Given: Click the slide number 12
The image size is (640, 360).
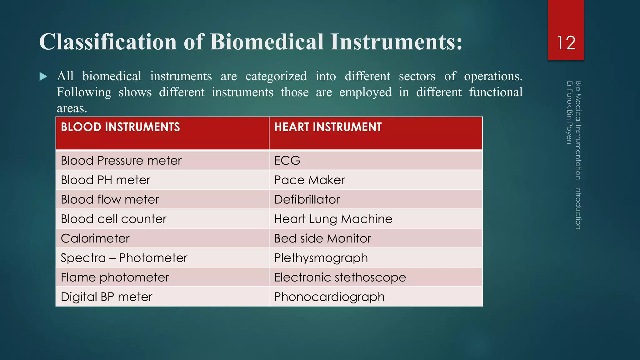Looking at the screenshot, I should click(566, 43).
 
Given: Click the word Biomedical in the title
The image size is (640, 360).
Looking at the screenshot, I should click(267, 42).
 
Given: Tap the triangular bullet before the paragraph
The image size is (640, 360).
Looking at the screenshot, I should click(43, 77).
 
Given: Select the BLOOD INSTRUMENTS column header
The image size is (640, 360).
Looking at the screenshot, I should click(120, 127).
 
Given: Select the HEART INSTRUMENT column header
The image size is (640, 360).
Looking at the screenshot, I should click(328, 127).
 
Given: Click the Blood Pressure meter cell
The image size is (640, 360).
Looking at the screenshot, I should click(121, 161).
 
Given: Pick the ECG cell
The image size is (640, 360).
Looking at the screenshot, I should click(287, 161).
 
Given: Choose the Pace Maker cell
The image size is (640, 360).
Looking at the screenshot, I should click(309, 180).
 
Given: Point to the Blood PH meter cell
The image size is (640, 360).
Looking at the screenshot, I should click(105, 180).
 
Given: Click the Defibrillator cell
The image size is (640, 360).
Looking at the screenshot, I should click(307, 199).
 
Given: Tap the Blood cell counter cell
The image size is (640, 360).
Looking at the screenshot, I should click(113, 219).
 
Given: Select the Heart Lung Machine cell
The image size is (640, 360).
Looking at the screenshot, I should click(333, 219).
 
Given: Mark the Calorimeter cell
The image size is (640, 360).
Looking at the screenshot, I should click(95, 238).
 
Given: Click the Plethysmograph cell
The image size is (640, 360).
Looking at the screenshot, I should click(321, 258).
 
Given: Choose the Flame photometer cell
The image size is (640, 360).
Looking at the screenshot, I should click(115, 277).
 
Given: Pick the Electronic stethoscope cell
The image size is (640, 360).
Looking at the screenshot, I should click(340, 277).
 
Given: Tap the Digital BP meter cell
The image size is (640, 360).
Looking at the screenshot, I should click(107, 297).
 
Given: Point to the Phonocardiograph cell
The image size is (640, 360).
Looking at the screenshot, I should click(329, 297).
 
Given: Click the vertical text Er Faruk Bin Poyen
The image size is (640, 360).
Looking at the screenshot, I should click(569, 112).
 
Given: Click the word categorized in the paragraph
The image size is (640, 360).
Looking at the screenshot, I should click(276, 76).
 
